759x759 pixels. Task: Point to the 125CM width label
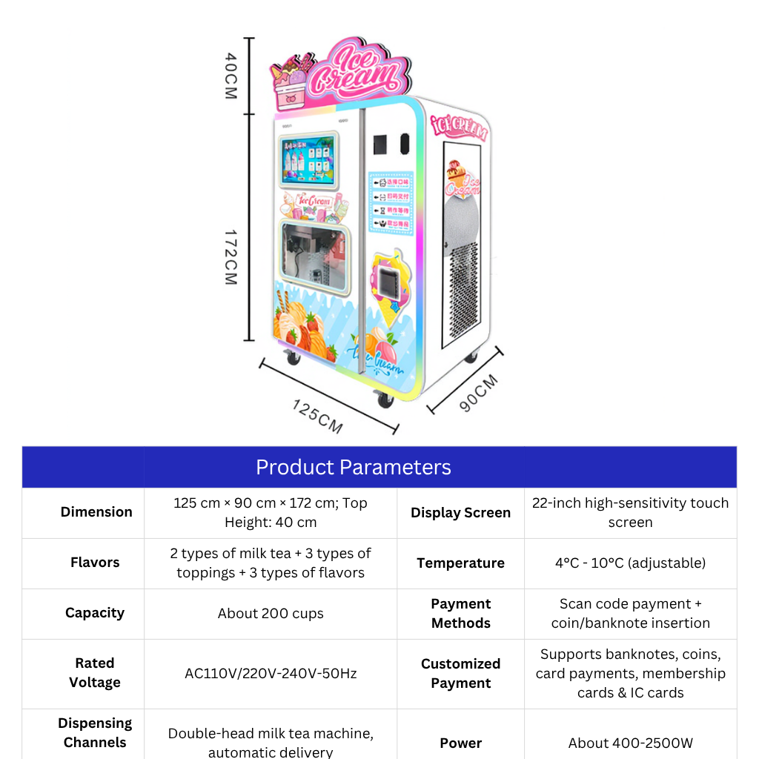[318, 416]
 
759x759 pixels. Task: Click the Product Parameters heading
[353, 467]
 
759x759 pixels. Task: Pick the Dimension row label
[96, 511]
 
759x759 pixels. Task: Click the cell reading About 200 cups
[271, 613]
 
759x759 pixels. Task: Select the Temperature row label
[460, 563]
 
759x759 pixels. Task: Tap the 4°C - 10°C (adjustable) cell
[630, 563]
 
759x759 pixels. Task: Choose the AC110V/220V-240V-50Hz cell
[271, 673]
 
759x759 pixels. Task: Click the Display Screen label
[460, 512]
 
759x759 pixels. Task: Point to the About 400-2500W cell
[630, 743]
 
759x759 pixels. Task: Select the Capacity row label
[95, 613]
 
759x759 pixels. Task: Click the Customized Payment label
[460, 673]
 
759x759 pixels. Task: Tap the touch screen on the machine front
[308, 159]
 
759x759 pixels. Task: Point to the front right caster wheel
[385, 399]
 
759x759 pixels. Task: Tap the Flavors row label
[95, 563]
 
